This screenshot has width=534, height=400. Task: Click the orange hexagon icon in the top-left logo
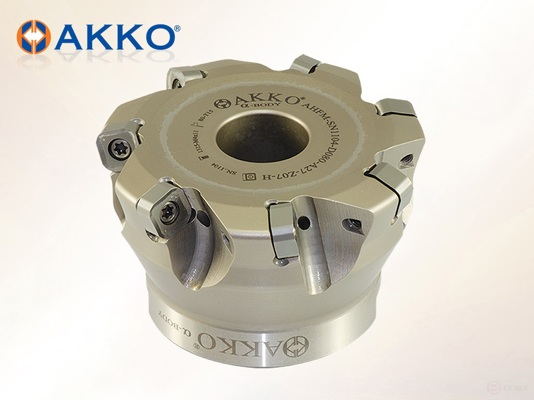point(33,36)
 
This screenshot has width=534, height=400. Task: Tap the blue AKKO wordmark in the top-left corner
point(115,37)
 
